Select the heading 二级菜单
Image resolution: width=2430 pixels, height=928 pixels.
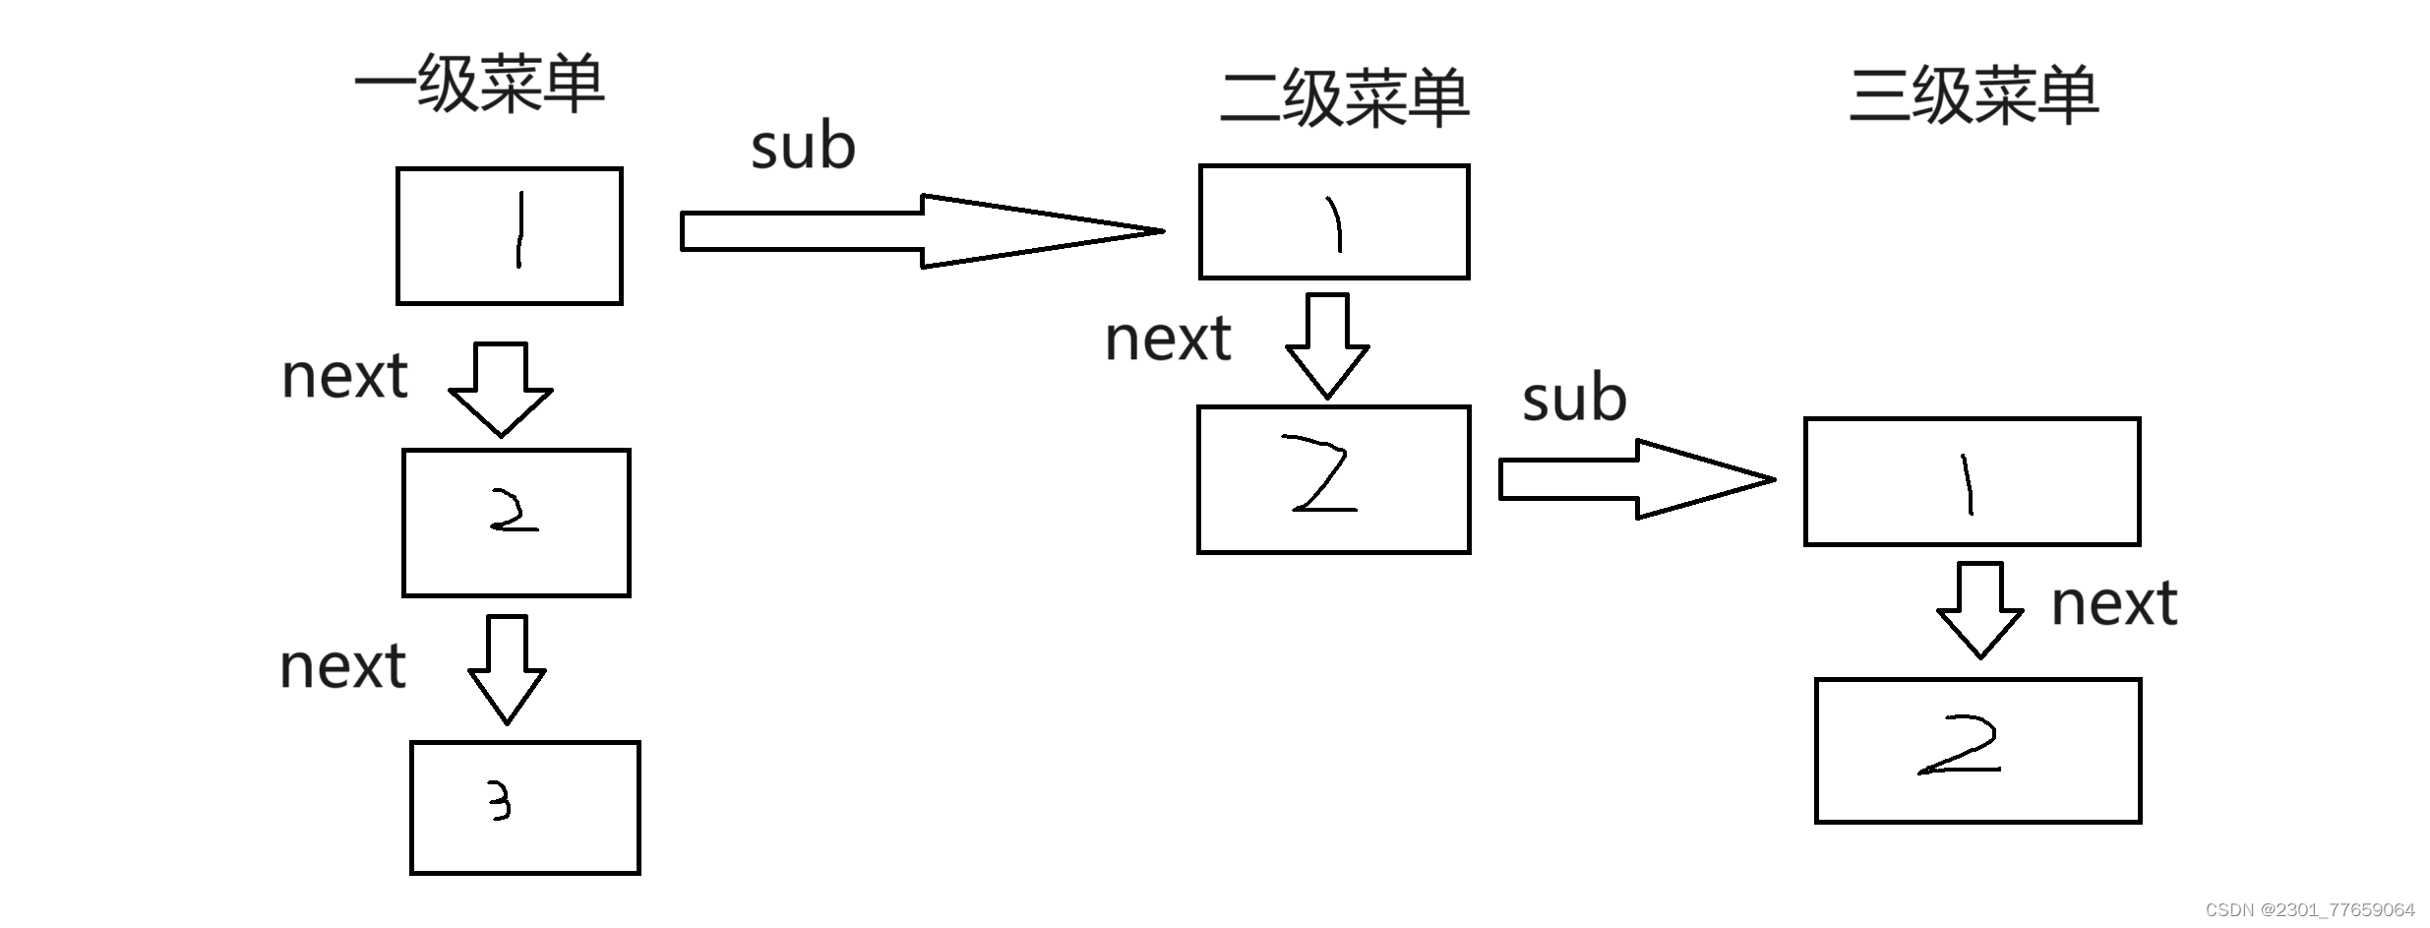pos(1344,98)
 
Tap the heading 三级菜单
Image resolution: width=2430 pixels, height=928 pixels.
pos(1974,95)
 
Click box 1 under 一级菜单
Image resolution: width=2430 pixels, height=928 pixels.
pos(509,236)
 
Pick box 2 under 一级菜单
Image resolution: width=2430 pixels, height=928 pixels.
pos(516,523)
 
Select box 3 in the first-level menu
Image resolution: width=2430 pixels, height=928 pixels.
pos(524,807)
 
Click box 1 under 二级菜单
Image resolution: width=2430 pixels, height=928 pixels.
pos(1333,221)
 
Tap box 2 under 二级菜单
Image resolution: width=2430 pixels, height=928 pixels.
pos(1333,479)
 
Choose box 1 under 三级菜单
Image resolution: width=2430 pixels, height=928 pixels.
pos(1972,481)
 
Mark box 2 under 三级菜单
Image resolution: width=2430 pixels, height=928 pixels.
pos(1977,750)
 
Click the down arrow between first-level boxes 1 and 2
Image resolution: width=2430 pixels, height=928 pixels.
pos(500,390)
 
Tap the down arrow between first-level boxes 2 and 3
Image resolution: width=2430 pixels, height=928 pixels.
pos(507,669)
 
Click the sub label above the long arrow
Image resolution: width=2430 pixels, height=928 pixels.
pos(803,146)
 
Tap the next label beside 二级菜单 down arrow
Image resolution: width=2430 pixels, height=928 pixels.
pos(1168,339)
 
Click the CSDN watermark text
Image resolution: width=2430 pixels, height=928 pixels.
pos(2309,909)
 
